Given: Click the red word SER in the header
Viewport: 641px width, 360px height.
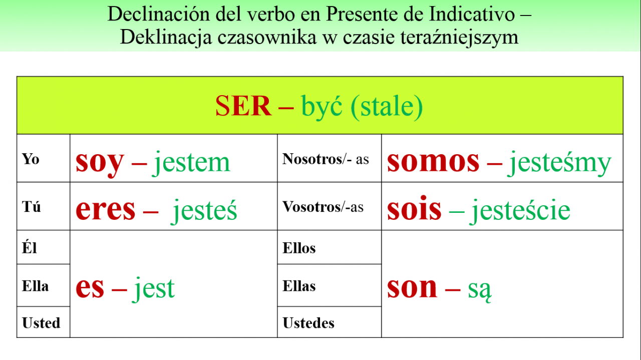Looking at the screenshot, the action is [243, 106].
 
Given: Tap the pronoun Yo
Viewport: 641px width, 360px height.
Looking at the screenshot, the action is [31, 159].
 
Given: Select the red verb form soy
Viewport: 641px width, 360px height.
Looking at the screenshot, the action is [100, 162].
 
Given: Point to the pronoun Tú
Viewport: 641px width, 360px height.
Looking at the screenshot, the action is [31, 206].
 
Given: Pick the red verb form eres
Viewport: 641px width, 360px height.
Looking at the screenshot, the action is [105, 209].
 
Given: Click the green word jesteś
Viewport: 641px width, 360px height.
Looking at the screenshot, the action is [204, 211].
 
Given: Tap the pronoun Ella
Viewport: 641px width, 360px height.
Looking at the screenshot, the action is [35, 286].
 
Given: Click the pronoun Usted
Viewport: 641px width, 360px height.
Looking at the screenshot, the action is [41, 323].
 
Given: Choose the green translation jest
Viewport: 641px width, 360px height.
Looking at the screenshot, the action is [153, 288].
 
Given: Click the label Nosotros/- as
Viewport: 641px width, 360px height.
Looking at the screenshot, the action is [326, 159].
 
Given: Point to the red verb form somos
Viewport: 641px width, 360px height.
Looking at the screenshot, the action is [433, 161].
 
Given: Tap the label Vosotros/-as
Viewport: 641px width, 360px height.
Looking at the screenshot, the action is [323, 207].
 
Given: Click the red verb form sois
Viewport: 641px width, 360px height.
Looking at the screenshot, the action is [414, 208].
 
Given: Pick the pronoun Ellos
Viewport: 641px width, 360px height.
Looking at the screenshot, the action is [299, 248].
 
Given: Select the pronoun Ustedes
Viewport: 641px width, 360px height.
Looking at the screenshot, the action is [308, 323].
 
